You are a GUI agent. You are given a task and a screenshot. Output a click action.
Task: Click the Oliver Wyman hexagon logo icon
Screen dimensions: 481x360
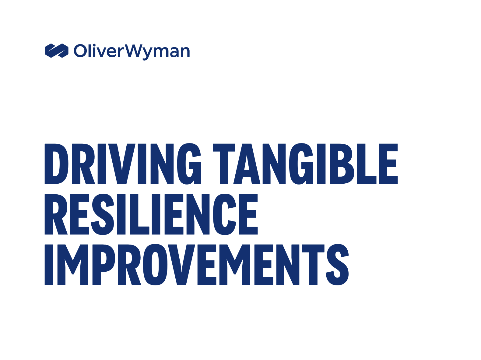pos(57,51)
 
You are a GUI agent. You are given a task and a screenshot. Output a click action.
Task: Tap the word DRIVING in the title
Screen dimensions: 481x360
pos(123,164)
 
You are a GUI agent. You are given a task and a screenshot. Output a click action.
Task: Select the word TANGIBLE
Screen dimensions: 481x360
pos(305,164)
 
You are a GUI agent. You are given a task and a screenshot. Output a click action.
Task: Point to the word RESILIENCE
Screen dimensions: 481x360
pos(151,214)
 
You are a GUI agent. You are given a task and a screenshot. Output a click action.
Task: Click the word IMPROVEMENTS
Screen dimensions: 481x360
pos(197,264)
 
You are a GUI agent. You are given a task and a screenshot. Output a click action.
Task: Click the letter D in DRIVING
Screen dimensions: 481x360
pos(57,164)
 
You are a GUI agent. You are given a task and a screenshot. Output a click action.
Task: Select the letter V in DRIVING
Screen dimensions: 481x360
pos(122,164)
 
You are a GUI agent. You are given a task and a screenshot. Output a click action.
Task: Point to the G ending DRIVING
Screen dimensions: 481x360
pos(189,164)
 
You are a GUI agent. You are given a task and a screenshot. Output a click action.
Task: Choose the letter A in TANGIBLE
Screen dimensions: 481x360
pos(247,164)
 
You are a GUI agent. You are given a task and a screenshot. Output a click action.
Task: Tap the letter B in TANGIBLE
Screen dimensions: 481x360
pos(342,164)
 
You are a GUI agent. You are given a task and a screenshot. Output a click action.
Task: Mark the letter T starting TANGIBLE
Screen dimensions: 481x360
pos(224,164)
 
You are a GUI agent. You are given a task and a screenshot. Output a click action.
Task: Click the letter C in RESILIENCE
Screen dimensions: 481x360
pos(225,214)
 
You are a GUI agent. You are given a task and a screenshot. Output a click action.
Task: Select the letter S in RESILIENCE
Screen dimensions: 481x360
pos(103,214)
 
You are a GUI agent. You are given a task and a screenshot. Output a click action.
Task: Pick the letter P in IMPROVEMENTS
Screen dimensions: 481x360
pos(104,264)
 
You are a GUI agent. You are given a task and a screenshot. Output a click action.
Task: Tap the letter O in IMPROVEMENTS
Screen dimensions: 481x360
pos(155,264)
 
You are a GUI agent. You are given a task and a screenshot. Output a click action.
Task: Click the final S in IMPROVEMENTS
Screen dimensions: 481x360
pos(337,264)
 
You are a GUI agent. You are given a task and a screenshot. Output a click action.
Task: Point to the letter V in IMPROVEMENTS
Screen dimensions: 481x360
pos(181,264)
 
